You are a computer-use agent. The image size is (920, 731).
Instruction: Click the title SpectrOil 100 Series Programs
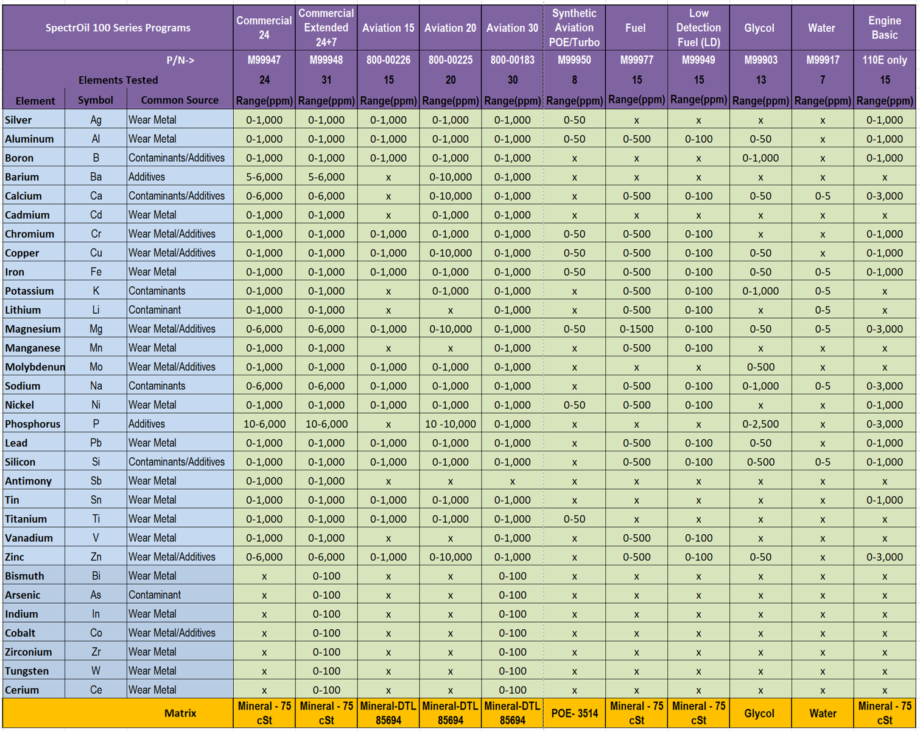(118, 28)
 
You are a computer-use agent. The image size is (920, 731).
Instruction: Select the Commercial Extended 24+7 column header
(326, 28)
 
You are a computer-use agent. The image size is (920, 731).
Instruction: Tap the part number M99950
(574, 60)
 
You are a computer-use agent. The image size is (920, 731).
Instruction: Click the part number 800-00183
(512, 60)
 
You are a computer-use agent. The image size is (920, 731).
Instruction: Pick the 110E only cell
(884, 60)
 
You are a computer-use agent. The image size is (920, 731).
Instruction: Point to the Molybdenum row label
(35, 367)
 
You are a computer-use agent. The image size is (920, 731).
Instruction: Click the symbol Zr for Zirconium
(96, 652)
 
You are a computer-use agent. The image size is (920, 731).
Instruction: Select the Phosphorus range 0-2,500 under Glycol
(760, 424)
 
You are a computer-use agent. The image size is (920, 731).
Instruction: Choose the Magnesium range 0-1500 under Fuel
(636, 329)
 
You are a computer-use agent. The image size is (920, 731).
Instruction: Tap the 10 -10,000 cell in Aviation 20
(450, 424)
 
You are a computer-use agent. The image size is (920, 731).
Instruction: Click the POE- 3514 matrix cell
(574, 713)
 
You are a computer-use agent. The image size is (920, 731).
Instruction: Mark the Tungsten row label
(27, 671)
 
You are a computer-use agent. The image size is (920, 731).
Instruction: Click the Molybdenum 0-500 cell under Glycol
(760, 367)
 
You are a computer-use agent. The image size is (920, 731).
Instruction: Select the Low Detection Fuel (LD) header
(698, 28)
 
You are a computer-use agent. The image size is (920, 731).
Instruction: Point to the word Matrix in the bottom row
(180, 713)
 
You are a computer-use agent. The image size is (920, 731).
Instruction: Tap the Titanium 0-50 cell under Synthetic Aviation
(574, 519)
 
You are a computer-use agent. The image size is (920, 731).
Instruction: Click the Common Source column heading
(180, 101)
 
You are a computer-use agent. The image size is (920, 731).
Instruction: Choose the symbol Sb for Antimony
(96, 481)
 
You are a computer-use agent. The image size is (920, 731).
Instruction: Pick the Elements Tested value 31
(326, 80)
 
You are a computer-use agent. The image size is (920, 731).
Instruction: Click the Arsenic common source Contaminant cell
(155, 595)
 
